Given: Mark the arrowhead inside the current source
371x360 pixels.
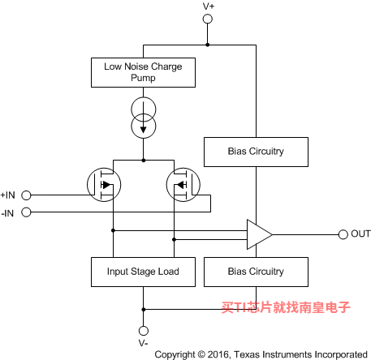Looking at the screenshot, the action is [x=144, y=130].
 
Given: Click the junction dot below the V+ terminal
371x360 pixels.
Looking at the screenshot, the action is [x=208, y=45].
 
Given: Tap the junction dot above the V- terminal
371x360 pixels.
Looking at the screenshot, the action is [x=144, y=310].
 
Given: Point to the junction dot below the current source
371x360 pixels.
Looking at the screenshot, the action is [x=144, y=161].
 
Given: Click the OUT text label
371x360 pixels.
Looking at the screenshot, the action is [x=360, y=234].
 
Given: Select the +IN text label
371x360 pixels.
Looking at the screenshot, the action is [x=8, y=195].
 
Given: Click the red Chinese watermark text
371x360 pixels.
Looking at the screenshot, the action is [x=286, y=307].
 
